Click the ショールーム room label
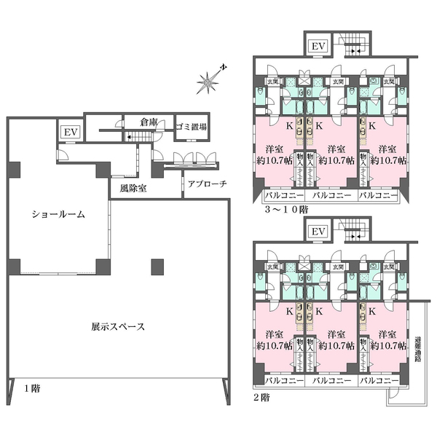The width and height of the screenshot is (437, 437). point(58,215)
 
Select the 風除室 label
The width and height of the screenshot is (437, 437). point(125,186)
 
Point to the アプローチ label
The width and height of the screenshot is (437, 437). point(206,184)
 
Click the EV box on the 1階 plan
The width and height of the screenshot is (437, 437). point(70,133)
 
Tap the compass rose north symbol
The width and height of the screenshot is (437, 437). point(211,82)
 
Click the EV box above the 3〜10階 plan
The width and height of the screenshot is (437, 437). point(318,47)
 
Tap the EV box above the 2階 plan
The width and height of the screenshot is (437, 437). point(318,232)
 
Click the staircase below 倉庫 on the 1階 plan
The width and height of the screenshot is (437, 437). point(139,138)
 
